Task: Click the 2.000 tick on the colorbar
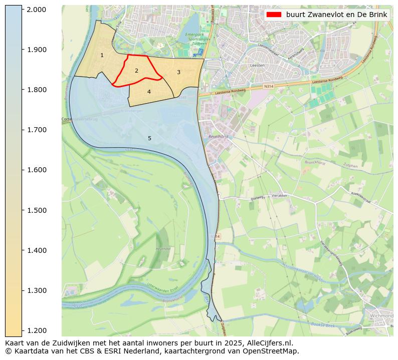[22, 10]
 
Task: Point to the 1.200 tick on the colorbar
[22, 330]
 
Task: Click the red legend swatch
[274, 15]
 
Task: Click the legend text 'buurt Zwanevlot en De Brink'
[336, 15]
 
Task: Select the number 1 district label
[102, 55]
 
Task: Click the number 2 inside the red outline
[136, 71]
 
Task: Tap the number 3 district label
[178, 72]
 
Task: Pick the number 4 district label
[149, 92]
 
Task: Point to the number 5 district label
[149, 138]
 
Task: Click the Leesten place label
[257, 66]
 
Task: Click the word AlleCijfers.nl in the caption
[268, 343]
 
